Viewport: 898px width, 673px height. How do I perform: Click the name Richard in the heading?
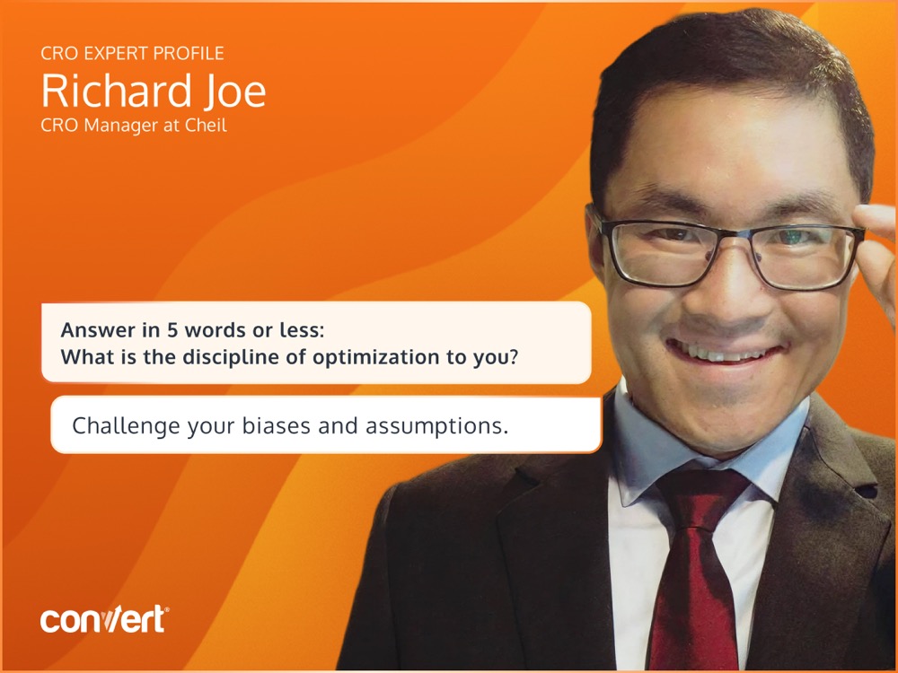[116, 91]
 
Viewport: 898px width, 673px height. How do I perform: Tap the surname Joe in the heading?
[234, 92]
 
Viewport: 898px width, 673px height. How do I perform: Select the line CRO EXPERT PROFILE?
[132, 53]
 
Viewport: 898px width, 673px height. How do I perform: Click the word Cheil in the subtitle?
[207, 125]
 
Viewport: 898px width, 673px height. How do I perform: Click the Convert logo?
[104, 619]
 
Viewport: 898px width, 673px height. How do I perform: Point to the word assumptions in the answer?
[436, 426]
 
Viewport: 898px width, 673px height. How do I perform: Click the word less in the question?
[301, 330]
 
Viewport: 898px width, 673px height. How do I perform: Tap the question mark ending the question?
[513, 357]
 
